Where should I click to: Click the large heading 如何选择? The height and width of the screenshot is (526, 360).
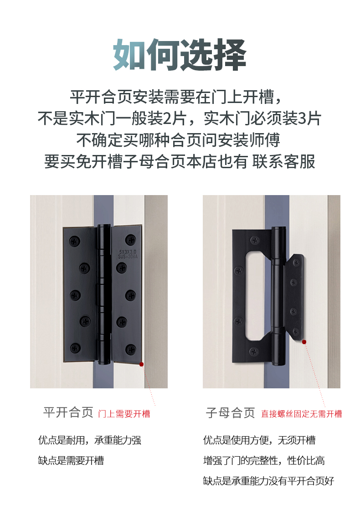[x=180, y=55]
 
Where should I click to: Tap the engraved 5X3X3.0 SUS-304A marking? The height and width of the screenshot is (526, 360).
[x=128, y=254]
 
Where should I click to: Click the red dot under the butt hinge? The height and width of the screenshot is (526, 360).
[x=142, y=364]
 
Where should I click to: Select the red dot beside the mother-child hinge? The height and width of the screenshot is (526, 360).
[x=304, y=342]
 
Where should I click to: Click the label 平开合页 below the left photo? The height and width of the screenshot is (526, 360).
[x=68, y=413]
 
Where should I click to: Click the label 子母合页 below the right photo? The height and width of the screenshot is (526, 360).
[x=231, y=413]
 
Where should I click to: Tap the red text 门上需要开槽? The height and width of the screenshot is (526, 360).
[x=124, y=414]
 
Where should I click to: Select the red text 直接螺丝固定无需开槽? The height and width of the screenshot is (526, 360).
[x=302, y=414]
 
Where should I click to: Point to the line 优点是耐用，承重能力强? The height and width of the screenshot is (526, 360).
[x=90, y=440]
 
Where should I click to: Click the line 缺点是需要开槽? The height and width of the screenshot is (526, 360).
[x=71, y=460]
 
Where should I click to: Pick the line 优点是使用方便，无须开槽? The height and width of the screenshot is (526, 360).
[x=259, y=440]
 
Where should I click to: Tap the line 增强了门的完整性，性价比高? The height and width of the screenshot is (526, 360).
[x=264, y=460]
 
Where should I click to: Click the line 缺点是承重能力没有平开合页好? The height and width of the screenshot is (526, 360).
[x=269, y=481]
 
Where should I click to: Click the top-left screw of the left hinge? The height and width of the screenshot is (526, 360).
[x=74, y=241]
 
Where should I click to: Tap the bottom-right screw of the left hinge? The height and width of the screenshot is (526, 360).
[x=130, y=349]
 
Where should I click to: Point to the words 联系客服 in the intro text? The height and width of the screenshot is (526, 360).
[x=284, y=162]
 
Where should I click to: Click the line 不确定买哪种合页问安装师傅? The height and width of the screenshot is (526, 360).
[x=178, y=140]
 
